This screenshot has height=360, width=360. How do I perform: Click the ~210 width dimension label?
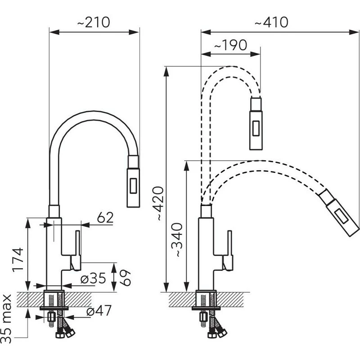pos(94,22)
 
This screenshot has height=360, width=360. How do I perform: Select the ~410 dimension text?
pos(271,22)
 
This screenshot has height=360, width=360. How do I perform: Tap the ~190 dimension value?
pos(230,45)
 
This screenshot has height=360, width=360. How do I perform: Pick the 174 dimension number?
pos(18,260)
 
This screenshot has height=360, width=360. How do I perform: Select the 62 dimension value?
pos(105,217)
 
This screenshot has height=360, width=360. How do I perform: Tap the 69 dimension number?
pos(125,278)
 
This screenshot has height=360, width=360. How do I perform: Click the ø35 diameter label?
pos(93,278)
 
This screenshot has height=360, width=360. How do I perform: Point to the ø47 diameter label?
pos(99,310)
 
